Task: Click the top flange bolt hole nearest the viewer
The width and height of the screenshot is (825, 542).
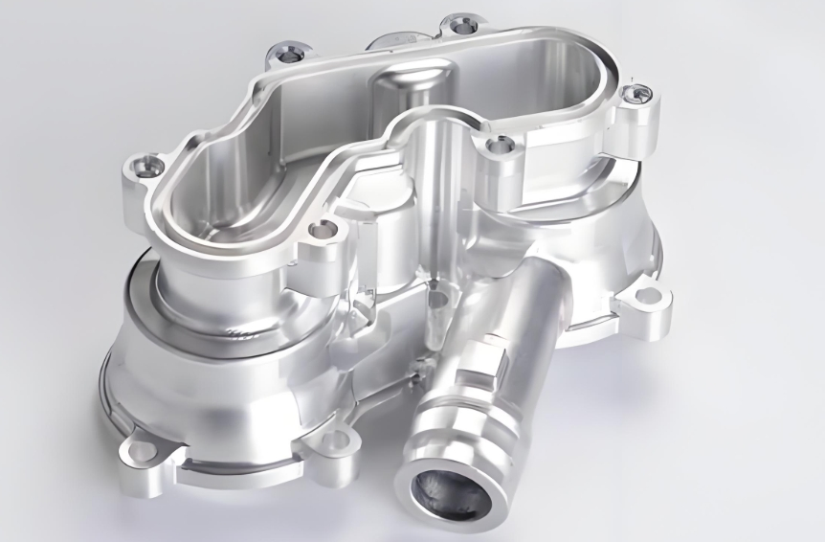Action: pyautogui.click(x=323, y=230)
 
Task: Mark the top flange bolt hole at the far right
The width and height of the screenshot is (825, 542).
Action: pyautogui.click(x=638, y=94)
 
